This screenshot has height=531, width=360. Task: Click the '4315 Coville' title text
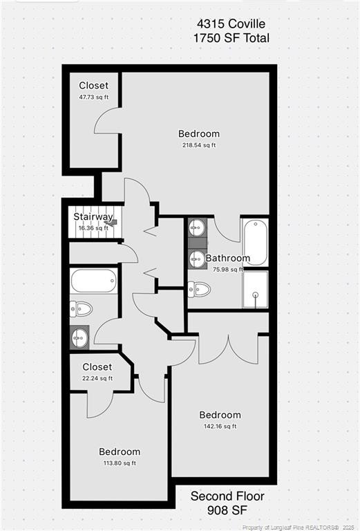click(231, 24)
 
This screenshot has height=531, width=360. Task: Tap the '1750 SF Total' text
click(231, 39)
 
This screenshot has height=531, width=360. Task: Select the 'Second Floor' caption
click(227, 496)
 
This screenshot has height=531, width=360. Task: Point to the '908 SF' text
click(227, 510)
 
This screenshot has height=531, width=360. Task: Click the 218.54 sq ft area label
click(199, 145)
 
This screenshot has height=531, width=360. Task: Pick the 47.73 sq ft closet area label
click(93, 97)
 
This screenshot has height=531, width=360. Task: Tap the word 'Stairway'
click(93, 217)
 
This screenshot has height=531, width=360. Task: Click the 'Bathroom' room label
click(228, 259)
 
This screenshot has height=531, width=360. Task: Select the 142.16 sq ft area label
click(220, 427)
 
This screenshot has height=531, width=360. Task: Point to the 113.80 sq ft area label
click(119, 463)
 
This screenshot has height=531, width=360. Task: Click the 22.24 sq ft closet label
click(97, 378)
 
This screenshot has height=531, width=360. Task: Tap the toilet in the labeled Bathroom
click(198, 289)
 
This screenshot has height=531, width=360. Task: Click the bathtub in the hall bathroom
click(94, 281)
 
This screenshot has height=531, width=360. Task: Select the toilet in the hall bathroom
click(80, 309)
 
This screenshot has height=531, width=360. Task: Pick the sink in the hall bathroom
click(79, 337)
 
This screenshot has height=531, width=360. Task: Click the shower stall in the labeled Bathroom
click(255, 290)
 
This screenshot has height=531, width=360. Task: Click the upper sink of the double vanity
click(196, 227)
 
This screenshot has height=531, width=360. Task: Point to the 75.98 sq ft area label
click(228, 270)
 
